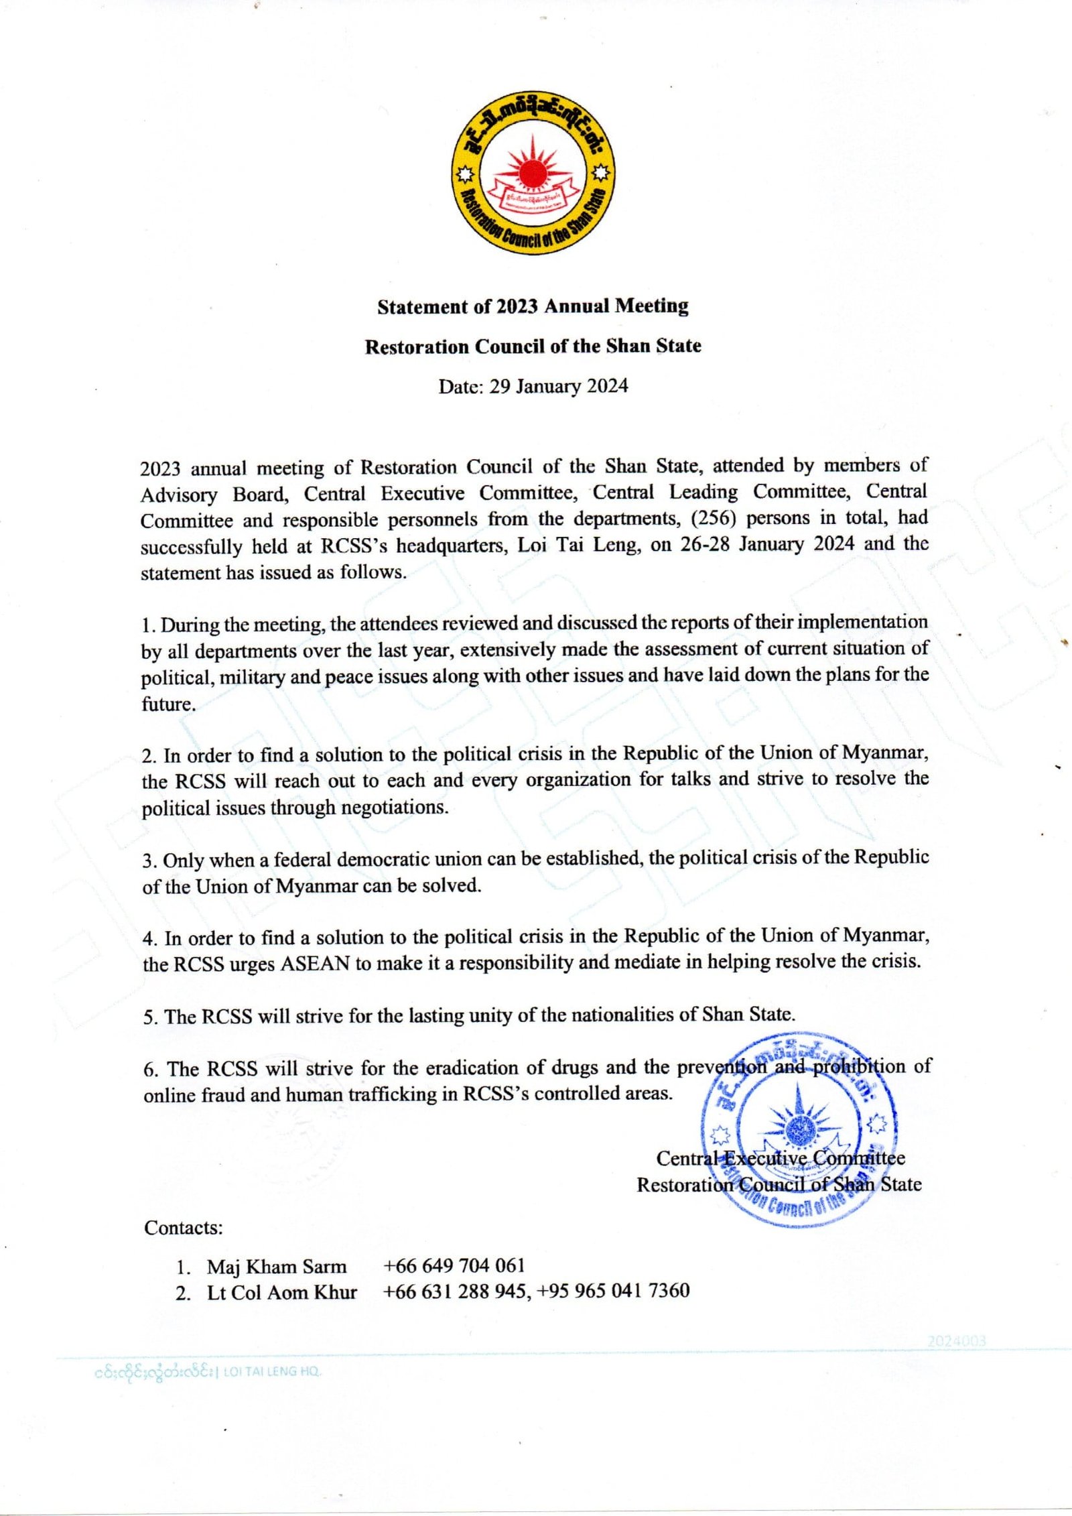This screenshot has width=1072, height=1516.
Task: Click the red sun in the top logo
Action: [533, 172]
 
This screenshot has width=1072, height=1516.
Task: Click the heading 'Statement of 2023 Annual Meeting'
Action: [533, 306]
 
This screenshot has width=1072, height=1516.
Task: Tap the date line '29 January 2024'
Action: [558, 387]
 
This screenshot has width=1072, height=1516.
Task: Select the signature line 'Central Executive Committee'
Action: [780, 1158]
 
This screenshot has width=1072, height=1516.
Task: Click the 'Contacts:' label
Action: [183, 1228]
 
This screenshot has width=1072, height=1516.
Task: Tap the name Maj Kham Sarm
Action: [276, 1267]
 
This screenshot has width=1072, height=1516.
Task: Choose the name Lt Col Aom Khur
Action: [281, 1292]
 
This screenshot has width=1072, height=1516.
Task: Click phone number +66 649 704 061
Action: [454, 1265]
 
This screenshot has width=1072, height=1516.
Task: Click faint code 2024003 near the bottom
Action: [957, 1340]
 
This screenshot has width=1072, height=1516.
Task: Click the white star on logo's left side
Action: [464, 176]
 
